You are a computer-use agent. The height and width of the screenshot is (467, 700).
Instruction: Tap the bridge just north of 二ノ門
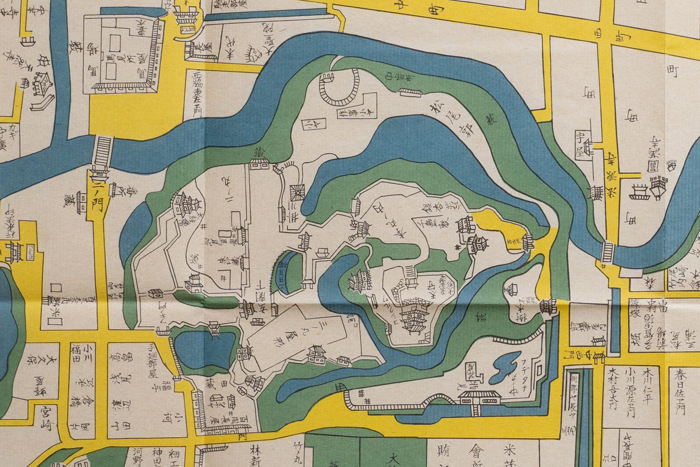[x=103, y=151]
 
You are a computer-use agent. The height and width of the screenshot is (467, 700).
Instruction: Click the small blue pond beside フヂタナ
[x=504, y=367]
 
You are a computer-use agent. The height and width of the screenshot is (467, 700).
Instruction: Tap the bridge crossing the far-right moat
[x=607, y=252]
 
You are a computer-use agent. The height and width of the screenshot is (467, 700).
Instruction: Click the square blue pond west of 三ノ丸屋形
[x=202, y=349]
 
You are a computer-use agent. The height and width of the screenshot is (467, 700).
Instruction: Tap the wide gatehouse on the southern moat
[x=478, y=399]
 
